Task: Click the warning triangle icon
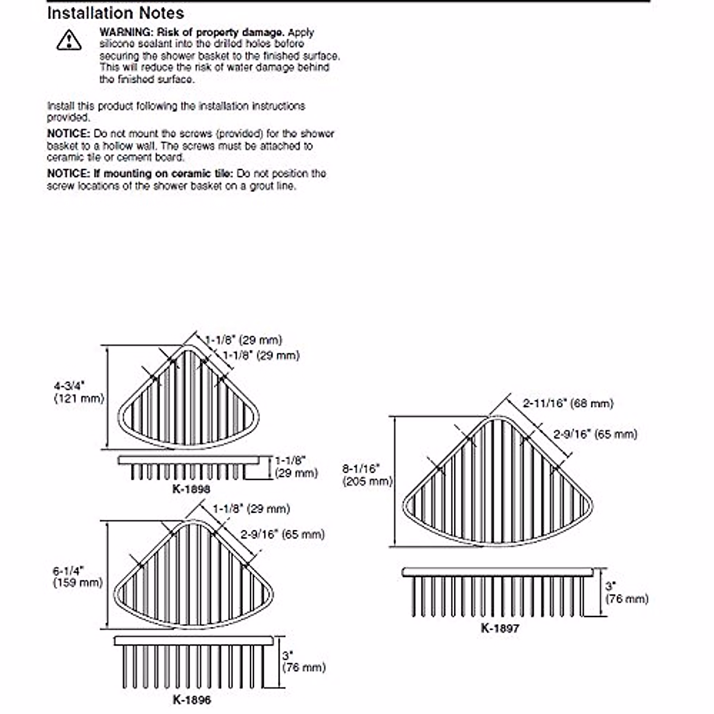(x=69, y=40)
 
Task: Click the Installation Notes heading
(x=115, y=13)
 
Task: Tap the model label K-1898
(x=191, y=489)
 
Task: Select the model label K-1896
(x=192, y=700)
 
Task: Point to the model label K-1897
(x=500, y=627)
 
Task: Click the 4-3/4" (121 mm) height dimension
(x=79, y=392)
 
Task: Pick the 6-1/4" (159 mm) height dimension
(x=77, y=577)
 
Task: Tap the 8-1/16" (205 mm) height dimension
(x=367, y=475)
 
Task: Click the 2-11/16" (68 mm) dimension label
(x=568, y=403)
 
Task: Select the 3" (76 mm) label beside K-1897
(x=626, y=593)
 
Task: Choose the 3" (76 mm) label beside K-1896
(x=303, y=661)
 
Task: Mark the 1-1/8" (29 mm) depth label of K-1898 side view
(x=296, y=466)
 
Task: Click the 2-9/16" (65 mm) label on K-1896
(x=283, y=534)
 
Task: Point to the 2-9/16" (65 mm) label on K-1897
(x=595, y=434)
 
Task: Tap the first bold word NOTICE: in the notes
(x=68, y=134)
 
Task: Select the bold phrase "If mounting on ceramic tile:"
(x=169, y=174)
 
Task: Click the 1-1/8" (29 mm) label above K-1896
(x=251, y=509)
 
